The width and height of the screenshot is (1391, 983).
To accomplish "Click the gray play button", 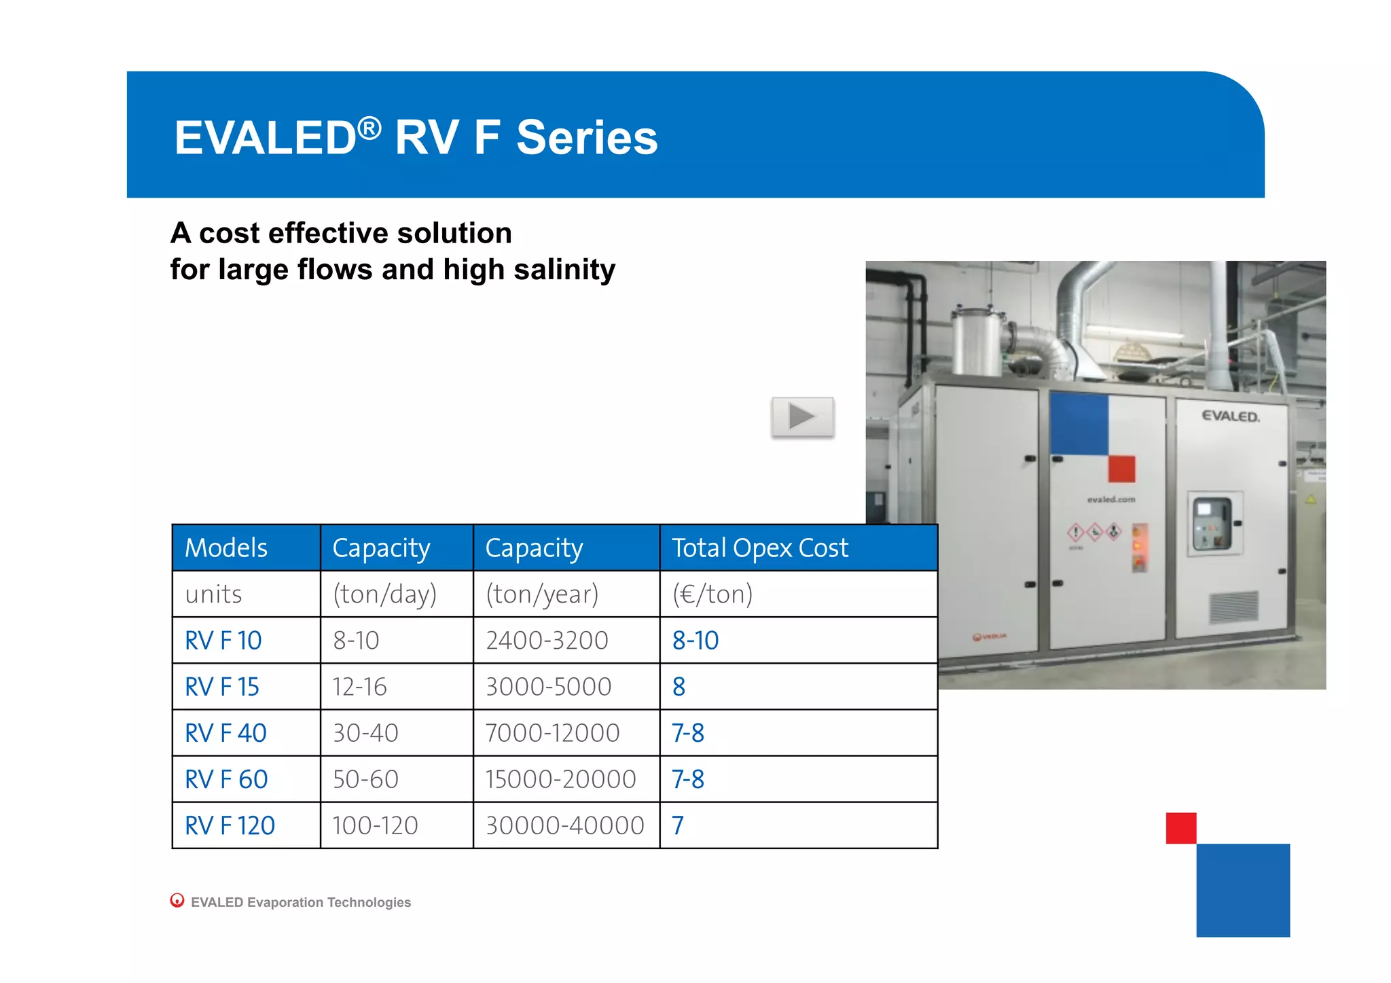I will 802,416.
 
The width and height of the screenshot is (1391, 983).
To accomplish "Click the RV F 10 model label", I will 223,641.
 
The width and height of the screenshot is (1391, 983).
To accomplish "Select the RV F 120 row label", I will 230,825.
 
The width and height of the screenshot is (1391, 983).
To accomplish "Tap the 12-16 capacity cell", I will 359,687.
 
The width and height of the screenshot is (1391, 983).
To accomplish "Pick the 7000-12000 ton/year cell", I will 552,733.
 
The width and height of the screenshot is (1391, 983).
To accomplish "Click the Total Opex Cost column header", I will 759,548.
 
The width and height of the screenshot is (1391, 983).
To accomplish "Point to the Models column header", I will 226,548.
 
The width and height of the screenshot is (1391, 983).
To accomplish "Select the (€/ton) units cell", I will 712,594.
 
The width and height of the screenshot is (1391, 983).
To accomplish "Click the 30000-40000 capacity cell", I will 564,825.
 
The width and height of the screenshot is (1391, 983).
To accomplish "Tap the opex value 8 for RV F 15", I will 679,687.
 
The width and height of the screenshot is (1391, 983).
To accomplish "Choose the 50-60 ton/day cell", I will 365,779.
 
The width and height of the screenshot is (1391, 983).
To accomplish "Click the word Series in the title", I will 587,138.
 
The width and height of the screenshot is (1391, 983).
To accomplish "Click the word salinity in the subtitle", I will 564,270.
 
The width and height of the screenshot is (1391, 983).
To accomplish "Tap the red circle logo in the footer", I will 177,900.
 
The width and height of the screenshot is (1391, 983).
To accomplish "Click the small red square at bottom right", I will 1180,827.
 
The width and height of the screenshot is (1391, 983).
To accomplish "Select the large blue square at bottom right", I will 1242,890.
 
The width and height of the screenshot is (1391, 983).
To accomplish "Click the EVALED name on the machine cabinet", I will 1230,416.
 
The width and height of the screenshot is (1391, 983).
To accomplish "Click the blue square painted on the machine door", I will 1079,424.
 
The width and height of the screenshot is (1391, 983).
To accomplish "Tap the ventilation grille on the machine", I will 1233,607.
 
